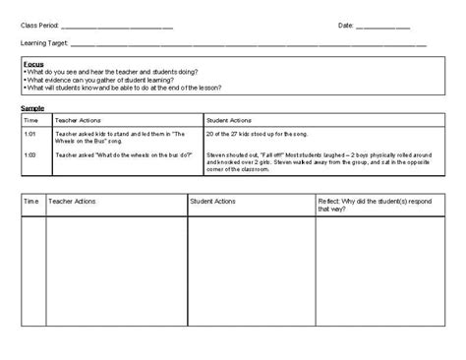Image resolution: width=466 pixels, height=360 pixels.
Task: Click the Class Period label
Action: [38, 25]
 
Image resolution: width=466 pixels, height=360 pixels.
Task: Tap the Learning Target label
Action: [43, 44]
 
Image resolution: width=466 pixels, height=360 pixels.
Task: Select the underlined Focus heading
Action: [31, 62]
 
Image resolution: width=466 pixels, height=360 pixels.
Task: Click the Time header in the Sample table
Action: [31, 118]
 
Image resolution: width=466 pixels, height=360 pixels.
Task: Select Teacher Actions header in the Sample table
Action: [78, 118]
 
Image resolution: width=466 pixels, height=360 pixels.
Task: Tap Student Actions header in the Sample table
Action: [230, 118]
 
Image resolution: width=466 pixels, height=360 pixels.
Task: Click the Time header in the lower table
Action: [31, 201]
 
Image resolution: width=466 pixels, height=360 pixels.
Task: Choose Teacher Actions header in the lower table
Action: [74, 201]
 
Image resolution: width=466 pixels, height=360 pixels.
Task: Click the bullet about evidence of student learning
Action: [92, 79]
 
